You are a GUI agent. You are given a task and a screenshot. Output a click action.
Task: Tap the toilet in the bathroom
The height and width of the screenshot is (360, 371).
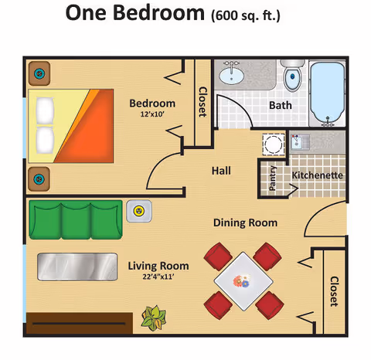(292, 77)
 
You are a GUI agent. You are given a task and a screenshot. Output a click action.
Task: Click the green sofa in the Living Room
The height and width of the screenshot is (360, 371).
(75, 219)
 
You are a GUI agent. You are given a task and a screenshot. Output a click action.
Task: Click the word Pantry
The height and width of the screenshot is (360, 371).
(273, 179)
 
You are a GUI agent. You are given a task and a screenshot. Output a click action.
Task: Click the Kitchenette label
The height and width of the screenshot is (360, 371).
(317, 175)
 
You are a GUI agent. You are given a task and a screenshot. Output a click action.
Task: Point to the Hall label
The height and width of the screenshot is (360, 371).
(221, 171)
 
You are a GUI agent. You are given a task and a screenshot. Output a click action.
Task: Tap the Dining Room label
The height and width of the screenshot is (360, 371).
(246, 223)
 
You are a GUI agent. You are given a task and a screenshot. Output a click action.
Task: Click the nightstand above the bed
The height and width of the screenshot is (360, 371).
(37, 74)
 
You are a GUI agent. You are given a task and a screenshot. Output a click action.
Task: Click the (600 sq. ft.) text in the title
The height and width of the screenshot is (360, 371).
(246, 15)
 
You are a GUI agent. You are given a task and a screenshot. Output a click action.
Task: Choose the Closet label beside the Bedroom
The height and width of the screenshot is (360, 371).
(203, 101)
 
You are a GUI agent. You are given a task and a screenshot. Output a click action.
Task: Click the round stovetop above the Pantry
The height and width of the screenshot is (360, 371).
(273, 144)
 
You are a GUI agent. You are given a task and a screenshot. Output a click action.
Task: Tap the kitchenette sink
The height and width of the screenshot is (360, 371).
(298, 141)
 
